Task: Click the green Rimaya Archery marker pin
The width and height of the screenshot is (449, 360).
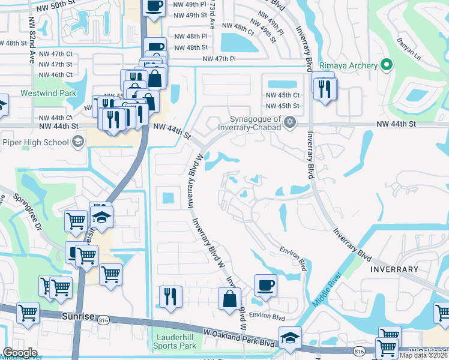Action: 387,65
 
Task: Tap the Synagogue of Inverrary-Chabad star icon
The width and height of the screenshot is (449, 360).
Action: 290,122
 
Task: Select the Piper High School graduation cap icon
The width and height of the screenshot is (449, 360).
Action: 77,142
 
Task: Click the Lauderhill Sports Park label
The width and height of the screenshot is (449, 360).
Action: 174,342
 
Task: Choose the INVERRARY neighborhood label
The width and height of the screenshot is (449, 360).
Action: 394,269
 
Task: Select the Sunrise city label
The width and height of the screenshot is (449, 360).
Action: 78,315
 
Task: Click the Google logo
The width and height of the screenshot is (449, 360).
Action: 20,352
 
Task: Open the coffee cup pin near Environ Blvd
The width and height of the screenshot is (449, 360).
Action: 265,285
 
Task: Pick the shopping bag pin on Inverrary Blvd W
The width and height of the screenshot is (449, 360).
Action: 229,298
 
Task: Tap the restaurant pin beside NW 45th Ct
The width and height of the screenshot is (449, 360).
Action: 325,89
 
